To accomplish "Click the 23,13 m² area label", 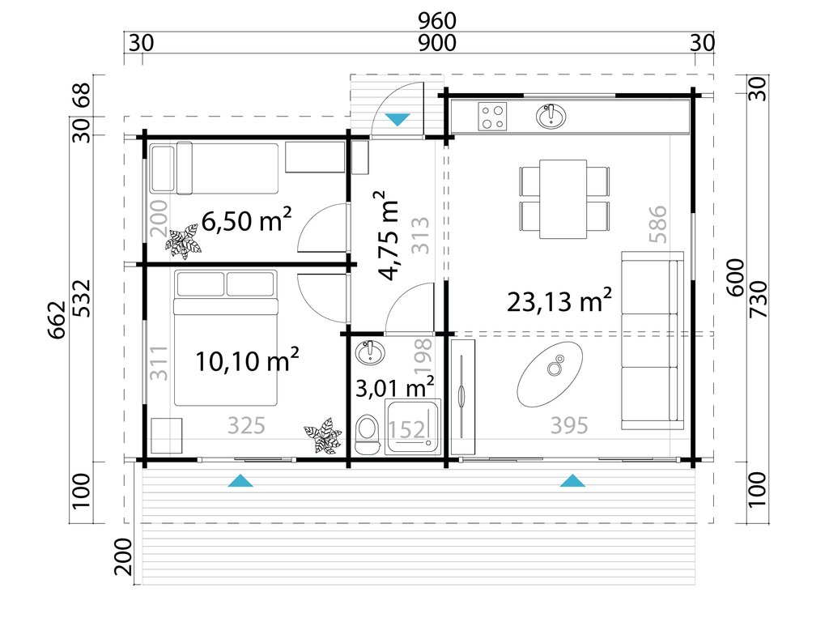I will pyautogui.click(x=559, y=300).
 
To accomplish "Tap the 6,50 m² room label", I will pyautogui.click(x=246, y=220).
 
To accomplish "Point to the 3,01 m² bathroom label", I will pyautogui.click(x=395, y=387).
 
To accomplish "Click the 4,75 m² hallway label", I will pyautogui.click(x=391, y=235).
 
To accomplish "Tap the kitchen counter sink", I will pyautogui.click(x=551, y=117).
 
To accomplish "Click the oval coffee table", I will pyautogui.click(x=551, y=373).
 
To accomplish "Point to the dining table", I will pyautogui.click(x=563, y=199).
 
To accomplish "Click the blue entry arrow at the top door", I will pyautogui.click(x=397, y=119).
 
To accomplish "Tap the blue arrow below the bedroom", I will pyautogui.click(x=240, y=481).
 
